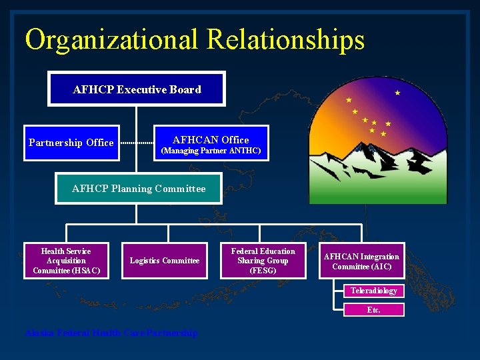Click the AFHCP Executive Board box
pos(136,89)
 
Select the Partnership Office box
pos(71,143)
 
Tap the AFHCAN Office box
pos(211,143)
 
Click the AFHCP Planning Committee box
pos(139,189)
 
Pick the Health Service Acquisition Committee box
pos(66,261)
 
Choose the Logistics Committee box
pos(164,261)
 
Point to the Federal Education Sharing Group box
pos(263,261)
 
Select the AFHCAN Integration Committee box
pos(361,261)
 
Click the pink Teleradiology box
pos(374,291)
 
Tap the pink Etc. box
pos(374,310)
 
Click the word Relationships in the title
pos(286,39)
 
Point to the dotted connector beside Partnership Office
pos(137,143)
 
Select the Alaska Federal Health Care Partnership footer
pos(111,333)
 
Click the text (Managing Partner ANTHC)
pos(211,151)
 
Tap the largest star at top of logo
pos(398,93)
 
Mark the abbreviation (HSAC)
pos(87,270)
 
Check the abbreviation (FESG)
pos(263,271)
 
